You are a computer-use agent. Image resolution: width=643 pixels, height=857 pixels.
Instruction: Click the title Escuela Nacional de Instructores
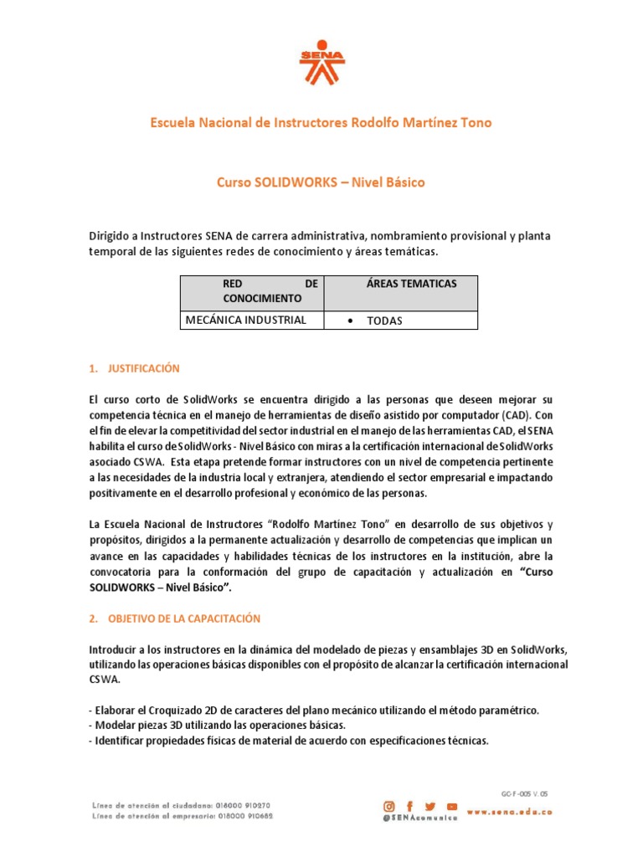321,123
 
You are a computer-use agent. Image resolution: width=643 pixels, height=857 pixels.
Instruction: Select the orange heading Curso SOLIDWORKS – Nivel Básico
321,182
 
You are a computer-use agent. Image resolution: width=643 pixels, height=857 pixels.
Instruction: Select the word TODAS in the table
384,321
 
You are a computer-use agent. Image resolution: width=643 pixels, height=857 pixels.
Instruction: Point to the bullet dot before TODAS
348,321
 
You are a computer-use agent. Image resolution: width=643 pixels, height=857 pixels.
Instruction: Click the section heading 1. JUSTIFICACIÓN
134,368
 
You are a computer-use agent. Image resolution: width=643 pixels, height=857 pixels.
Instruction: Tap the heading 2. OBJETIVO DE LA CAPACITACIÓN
174,618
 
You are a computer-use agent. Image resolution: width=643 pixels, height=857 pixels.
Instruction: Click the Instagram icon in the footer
389,806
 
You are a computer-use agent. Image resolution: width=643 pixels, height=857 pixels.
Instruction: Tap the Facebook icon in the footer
410,806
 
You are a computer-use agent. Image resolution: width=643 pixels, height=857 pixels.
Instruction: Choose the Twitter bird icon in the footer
431,806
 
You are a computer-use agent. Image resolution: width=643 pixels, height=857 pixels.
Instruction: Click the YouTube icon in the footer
452,806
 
